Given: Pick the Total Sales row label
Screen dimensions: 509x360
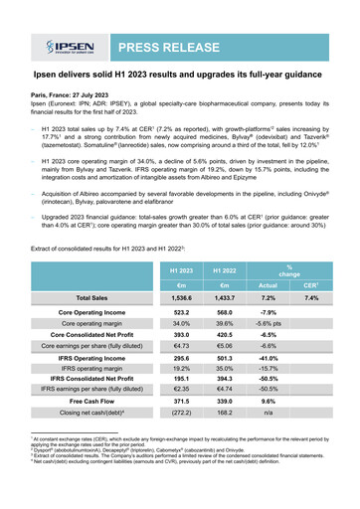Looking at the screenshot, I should point(91,297).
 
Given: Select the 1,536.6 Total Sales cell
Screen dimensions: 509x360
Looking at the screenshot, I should point(180,297).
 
